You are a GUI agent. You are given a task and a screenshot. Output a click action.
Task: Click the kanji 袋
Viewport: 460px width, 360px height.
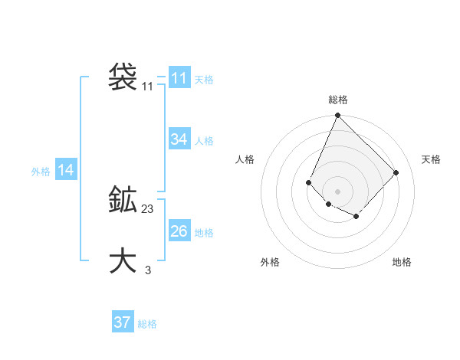click(x=123, y=77)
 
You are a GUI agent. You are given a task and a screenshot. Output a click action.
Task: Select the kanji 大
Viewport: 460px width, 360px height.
click(x=123, y=260)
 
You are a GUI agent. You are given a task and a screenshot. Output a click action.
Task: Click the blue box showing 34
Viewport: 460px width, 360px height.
click(x=179, y=139)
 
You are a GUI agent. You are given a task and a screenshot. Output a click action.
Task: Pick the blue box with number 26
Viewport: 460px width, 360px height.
click(x=179, y=231)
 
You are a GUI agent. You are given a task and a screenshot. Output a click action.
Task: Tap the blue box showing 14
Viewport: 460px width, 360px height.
click(x=66, y=171)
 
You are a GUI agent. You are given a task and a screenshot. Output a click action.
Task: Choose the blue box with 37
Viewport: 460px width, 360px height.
click(x=123, y=322)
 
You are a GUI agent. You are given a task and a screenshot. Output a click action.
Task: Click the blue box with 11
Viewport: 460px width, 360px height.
click(x=179, y=78)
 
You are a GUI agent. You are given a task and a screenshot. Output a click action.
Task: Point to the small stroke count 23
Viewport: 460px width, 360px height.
click(x=148, y=209)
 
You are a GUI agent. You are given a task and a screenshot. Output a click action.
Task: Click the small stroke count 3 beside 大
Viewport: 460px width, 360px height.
click(x=148, y=270)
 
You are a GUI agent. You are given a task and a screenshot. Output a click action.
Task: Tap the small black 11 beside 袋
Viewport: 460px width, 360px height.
click(x=148, y=87)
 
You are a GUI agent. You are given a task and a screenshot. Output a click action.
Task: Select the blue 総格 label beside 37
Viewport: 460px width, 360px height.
click(x=147, y=324)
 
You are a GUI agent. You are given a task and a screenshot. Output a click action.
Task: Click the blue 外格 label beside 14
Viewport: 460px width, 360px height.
click(x=41, y=172)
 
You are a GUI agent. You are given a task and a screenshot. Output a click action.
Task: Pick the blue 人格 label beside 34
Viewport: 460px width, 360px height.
click(x=204, y=141)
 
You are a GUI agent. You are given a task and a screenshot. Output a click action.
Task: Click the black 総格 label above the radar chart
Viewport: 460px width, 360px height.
click(x=337, y=100)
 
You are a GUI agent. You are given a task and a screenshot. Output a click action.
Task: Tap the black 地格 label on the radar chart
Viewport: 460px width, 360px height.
click(x=402, y=262)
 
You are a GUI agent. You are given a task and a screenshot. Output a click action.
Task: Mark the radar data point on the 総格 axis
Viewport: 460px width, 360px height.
click(x=337, y=116)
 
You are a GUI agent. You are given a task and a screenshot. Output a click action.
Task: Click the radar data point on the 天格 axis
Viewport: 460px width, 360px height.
click(x=396, y=172)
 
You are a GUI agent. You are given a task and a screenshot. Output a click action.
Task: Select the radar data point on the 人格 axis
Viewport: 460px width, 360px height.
click(x=308, y=182)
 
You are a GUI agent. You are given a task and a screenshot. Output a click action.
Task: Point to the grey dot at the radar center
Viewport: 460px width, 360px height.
click(x=337, y=191)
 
